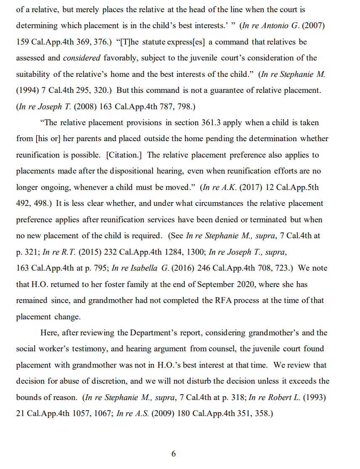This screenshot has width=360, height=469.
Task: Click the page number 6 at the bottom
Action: (x=174, y=454)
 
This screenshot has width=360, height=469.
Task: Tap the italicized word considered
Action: (x=82, y=58)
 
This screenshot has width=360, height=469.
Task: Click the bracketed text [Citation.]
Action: (x=124, y=155)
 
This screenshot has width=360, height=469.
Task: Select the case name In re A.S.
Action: (x=132, y=414)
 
